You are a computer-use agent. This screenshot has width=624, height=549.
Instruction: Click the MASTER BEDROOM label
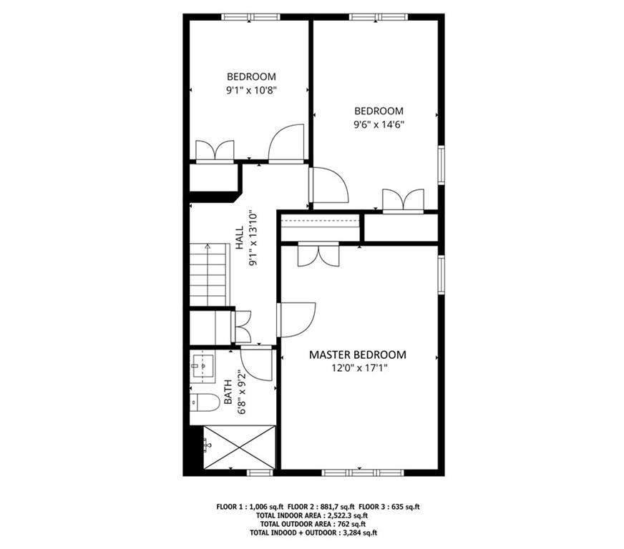357,355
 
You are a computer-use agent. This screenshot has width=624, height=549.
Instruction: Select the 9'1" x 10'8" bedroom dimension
251,90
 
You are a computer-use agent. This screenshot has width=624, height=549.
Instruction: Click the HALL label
240,238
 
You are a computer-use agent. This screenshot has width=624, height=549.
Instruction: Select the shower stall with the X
238,447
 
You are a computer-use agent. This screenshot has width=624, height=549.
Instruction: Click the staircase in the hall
208,274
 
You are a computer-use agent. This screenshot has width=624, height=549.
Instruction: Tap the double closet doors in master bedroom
318,254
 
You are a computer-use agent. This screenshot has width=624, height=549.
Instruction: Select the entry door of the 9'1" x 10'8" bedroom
287,143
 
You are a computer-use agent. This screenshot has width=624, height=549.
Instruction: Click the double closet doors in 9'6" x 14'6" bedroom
403,200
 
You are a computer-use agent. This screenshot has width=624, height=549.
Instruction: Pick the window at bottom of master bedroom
362,473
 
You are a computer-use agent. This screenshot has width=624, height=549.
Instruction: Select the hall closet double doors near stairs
241,327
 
